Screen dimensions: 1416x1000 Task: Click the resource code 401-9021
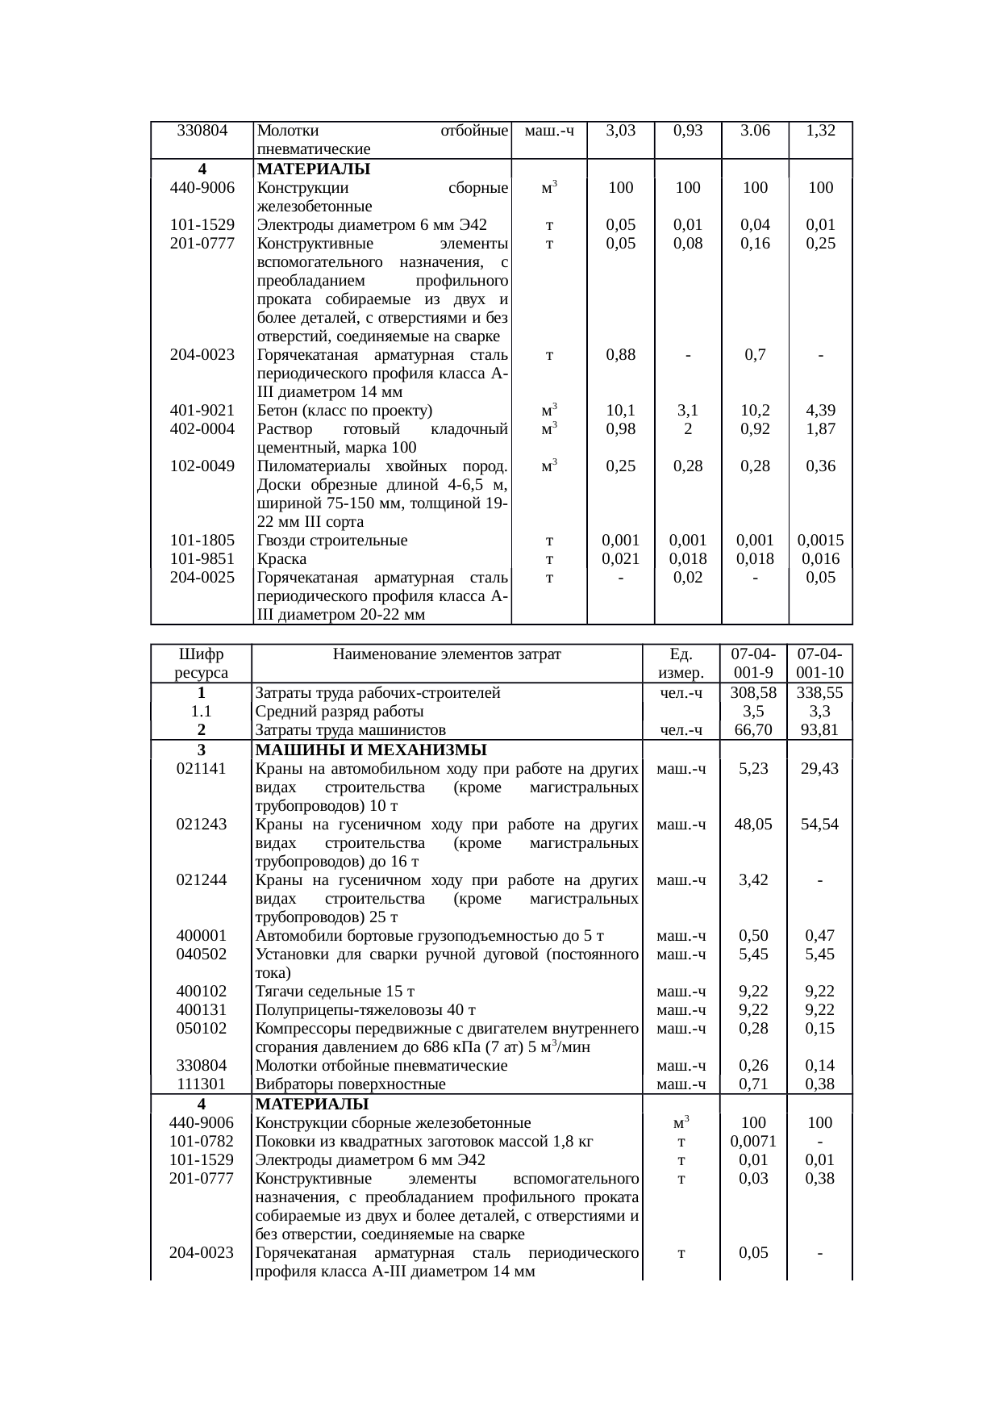coord(202,411)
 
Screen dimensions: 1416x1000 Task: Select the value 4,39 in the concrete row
coord(820,411)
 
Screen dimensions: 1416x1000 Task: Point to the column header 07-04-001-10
coord(819,662)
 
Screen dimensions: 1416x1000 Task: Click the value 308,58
coord(753,693)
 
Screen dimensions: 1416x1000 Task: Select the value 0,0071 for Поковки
coord(753,1142)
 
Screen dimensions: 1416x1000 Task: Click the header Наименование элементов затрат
coord(447,654)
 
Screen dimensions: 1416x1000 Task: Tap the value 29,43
coord(819,769)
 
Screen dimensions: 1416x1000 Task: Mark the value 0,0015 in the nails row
coord(820,541)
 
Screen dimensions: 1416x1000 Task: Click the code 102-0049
coord(202,466)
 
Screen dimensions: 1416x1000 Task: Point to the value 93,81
coord(819,730)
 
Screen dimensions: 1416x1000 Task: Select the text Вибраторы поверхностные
coord(350,1085)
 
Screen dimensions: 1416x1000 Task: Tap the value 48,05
coord(753,825)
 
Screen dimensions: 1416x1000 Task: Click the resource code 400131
coord(202,1010)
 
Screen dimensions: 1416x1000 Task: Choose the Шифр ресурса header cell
coord(202,662)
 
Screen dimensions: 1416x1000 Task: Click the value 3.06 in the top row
coord(755,131)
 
